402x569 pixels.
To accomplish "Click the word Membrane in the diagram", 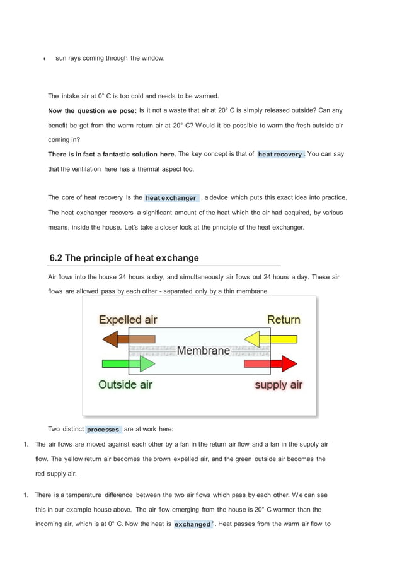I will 203,351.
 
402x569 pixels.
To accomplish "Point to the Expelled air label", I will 128,320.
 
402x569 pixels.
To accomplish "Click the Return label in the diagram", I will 284,320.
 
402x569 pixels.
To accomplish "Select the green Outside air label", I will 125,384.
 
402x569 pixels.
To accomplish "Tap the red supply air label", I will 279,385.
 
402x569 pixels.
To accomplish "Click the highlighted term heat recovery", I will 280,155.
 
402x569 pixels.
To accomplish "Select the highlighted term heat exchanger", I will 171,198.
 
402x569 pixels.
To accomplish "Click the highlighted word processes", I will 103,430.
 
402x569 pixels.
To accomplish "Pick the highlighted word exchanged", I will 192,524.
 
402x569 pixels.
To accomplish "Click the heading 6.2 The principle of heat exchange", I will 124,258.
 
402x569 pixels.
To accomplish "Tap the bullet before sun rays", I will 44,59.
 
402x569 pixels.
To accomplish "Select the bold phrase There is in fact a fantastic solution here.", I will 112,154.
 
